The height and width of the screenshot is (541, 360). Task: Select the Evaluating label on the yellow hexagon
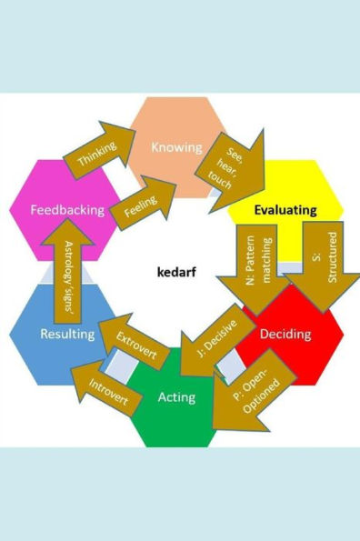(x=285, y=210)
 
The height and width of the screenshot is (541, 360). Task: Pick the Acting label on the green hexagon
(x=176, y=396)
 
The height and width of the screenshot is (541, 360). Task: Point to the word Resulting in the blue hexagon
(x=67, y=334)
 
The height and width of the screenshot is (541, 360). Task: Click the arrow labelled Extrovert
(x=135, y=348)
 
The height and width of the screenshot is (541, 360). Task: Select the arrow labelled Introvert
(x=107, y=393)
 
